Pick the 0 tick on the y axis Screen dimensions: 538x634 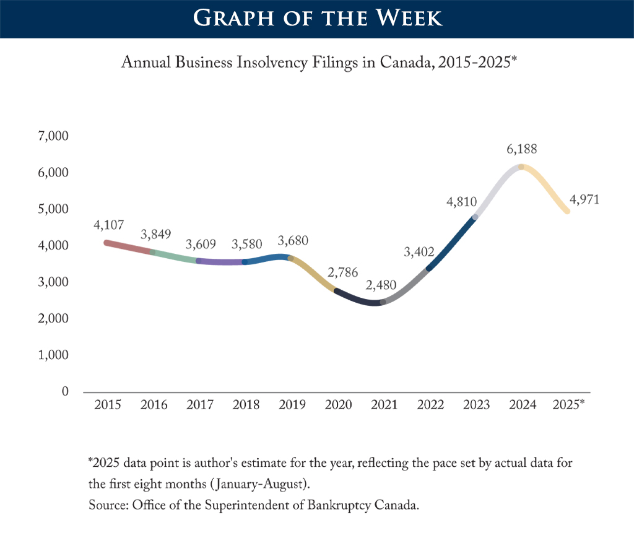pos(64,392)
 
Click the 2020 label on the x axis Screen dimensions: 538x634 pos(338,405)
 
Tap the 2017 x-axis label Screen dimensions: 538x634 pos(200,405)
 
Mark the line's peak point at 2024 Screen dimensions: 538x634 pos(521,167)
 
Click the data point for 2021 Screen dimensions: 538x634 pos(383,302)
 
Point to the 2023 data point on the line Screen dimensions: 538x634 pos(475,217)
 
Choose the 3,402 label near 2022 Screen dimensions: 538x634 pos(419,252)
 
